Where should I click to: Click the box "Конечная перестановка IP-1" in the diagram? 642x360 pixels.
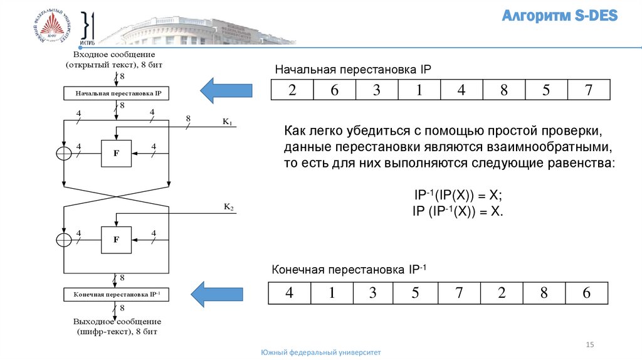[118, 294]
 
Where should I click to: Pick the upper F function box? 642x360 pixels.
[116, 152]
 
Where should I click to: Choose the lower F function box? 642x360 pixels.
[116, 239]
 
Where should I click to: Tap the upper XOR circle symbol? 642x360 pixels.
[64, 153]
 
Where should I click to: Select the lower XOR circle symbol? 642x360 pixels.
[64, 240]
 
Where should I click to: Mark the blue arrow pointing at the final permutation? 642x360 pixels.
[216, 294]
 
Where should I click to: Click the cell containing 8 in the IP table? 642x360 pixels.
[503, 90]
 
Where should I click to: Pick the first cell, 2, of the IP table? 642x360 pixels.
[292, 90]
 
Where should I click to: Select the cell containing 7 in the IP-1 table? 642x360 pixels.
[459, 293]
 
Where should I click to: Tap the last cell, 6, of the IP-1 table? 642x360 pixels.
[586, 293]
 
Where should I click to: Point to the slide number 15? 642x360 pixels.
[589, 344]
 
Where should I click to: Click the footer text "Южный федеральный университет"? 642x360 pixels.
[321, 353]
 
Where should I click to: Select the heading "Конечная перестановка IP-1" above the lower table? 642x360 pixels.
[349, 270]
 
